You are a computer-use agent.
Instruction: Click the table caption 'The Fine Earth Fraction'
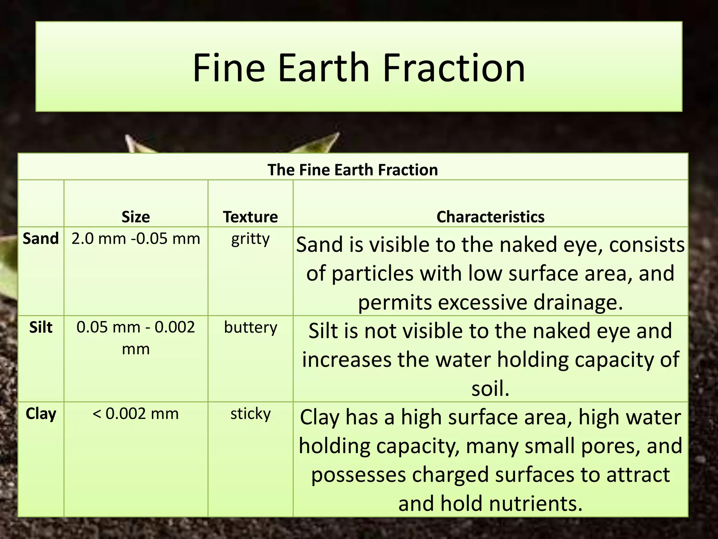click(x=353, y=170)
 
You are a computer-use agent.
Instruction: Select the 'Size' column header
click(x=136, y=217)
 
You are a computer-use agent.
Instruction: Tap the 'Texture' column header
click(x=250, y=217)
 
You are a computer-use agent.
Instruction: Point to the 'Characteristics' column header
click(x=490, y=217)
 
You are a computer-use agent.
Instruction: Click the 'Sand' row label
click(x=41, y=239)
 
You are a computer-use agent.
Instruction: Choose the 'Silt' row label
click(x=41, y=327)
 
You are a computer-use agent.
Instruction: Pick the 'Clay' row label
click(x=41, y=414)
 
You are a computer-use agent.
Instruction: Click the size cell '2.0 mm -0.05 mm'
click(x=136, y=239)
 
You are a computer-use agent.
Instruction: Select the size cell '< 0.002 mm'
click(x=136, y=414)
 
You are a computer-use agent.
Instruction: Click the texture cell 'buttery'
click(x=250, y=328)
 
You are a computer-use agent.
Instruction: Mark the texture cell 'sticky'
click(x=250, y=414)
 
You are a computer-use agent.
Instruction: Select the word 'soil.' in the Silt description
click(x=490, y=389)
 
